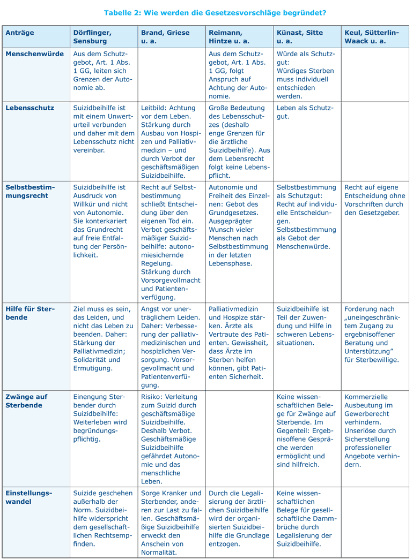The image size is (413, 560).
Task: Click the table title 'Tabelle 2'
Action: [124, 12]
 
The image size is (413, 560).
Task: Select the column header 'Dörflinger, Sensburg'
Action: [95, 36]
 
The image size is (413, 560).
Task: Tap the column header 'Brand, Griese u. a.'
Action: [165, 36]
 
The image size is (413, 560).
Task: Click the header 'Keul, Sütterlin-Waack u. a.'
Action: [371, 36]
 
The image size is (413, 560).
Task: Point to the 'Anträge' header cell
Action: [20, 33]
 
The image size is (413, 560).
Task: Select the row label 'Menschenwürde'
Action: [34, 54]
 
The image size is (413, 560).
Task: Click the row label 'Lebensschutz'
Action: [30, 108]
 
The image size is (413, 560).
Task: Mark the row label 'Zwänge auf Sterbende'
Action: [27, 401]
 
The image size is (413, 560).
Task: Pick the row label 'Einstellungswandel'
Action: [29, 497]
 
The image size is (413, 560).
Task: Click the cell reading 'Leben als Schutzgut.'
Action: [305, 112]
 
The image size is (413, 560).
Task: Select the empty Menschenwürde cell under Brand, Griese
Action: [171, 74]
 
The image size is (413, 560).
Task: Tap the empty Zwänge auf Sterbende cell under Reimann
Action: [239, 438]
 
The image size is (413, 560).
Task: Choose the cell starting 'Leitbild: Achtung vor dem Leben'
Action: [171, 141]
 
